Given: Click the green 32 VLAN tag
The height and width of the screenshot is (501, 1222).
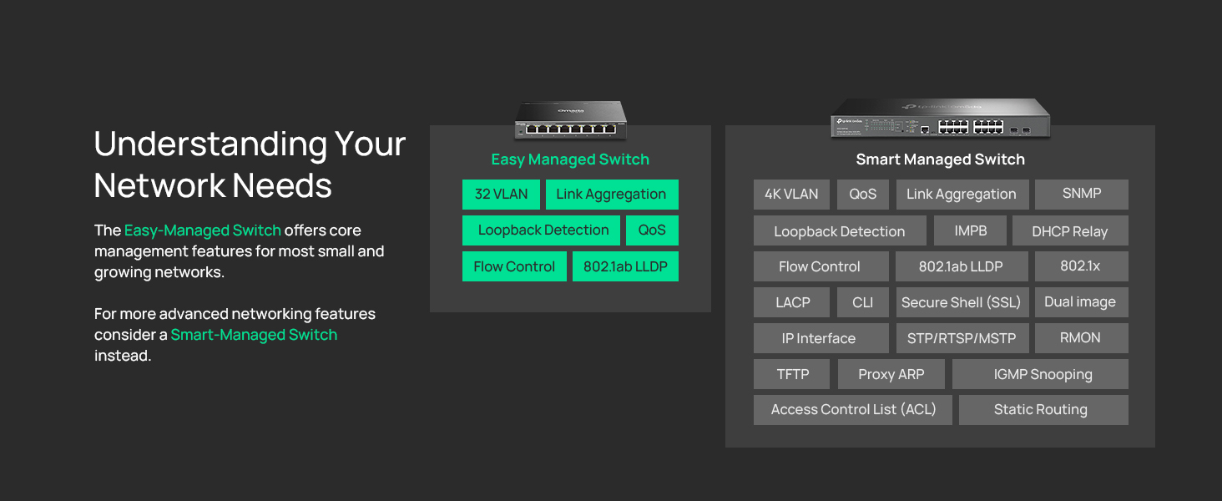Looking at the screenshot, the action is click(x=501, y=195).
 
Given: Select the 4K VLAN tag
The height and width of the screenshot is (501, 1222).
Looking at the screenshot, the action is click(x=791, y=195).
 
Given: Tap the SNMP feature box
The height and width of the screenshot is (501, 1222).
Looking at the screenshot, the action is click(x=1081, y=195).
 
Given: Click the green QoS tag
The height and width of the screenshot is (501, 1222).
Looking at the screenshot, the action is click(x=652, y=230).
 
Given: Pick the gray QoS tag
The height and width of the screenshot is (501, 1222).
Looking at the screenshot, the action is click(x=863, y=195).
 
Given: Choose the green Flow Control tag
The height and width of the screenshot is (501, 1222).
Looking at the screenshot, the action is click(x=514, y=266).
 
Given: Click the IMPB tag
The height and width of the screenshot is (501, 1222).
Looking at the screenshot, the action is click(x=971, y=230).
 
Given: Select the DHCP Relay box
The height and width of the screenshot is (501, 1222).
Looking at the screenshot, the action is click(x=1070, y=230).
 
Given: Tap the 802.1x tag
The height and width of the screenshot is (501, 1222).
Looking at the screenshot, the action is click(x=1081, y=266).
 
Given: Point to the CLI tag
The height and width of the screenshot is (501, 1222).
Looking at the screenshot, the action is click(x=863, y=302).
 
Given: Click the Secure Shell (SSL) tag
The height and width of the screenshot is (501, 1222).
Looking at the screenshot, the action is click(x=962, y=302).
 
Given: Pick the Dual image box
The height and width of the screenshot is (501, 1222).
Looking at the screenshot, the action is click(x=1081, y=302).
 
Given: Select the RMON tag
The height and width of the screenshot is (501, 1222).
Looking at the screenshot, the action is click(x=1081, y=338).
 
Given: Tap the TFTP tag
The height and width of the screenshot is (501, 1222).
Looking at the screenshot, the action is click(x=791, y=374).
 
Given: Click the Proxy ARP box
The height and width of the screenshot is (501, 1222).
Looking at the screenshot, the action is click(x=891, y=374).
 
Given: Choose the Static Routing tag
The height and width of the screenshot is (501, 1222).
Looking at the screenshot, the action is click(x=1043, y=410).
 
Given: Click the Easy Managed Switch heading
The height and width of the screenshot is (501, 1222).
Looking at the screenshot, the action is click(x=570, y=159).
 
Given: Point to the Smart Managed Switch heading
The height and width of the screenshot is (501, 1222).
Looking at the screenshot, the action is click(x=940, y=159).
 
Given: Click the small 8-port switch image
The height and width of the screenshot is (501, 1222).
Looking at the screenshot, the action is click(x=571, y=120).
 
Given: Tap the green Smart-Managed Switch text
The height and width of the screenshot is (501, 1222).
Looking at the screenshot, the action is click(x=254, y=335).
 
